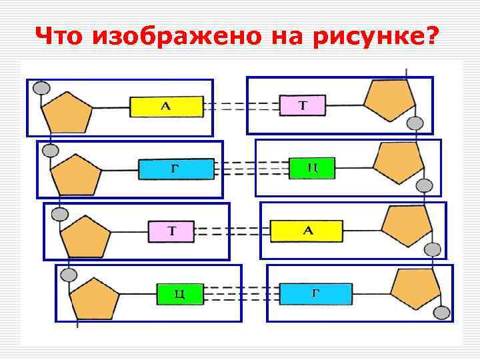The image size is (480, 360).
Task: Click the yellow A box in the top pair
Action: click(166, 107)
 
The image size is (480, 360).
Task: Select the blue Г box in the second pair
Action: click(176, 169)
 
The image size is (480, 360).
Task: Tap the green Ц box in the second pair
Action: click(311, 168)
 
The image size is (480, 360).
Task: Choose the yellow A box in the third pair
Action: click(307, 231)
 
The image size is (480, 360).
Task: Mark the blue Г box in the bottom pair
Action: click(315, 293)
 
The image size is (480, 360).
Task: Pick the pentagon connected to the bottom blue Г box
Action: click(415, 287)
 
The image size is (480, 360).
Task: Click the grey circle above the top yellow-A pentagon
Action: click(41, 87)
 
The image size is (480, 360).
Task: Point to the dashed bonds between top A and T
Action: click(241, 107)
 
